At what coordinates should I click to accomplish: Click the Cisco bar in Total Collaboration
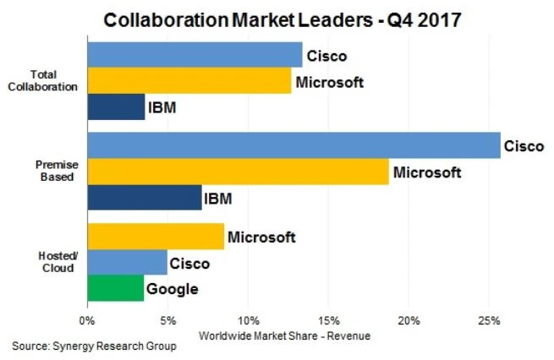(x=195, y=55)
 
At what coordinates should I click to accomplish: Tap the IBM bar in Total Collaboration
(x=116, y=108)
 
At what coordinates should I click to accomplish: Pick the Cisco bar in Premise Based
(x=293, y=145)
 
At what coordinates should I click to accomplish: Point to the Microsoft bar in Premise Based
(x=238, y=172)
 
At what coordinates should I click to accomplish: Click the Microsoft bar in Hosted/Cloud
(x=156, y=237)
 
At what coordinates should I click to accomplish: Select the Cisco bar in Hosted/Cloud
(x=127, y=263)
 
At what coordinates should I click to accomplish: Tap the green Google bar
(x=115, y=289)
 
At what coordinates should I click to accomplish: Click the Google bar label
(x=173, y=289)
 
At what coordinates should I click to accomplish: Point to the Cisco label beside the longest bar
(x=524, y=145)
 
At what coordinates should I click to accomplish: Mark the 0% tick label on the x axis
(x=86, y=321)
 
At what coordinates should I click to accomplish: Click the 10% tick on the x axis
(x=248, y=321)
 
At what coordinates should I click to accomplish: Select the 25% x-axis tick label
(x=489, y=321)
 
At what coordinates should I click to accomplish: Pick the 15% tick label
(x=329, y=321)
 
